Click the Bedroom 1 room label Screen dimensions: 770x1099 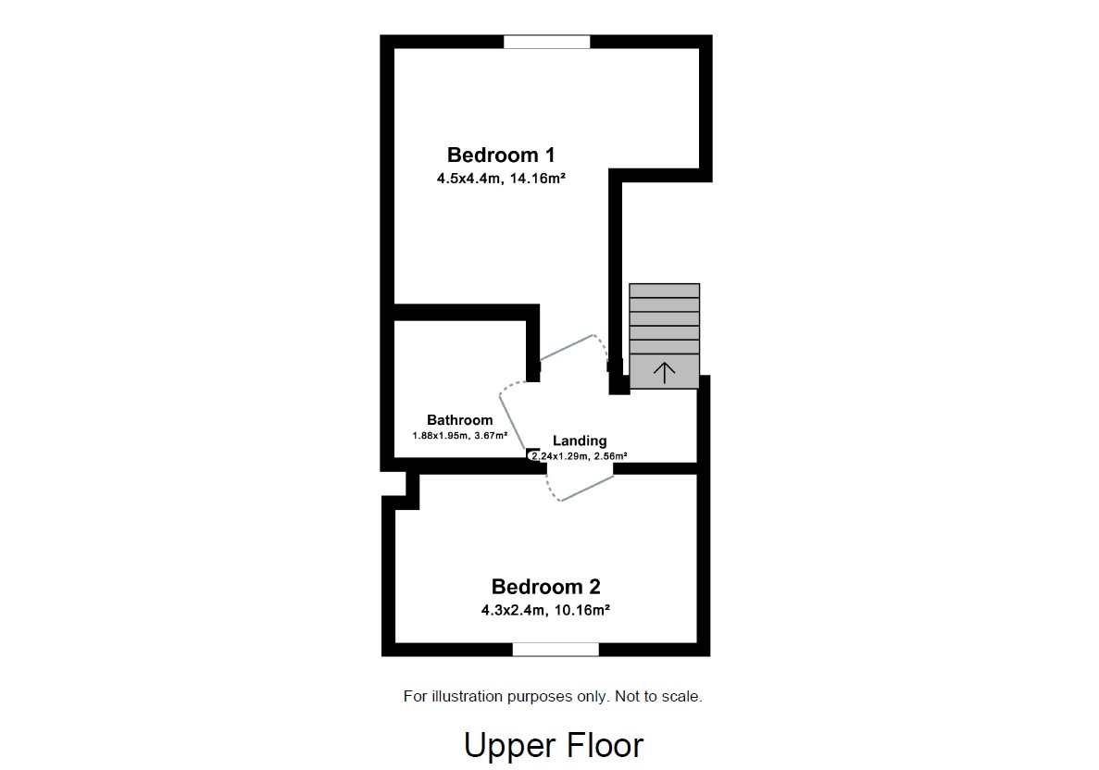(501, 155)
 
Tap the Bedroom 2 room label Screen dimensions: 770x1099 (545, 586)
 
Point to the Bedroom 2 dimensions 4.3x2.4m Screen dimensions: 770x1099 (513, 610)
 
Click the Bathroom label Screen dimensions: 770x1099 (459, 420)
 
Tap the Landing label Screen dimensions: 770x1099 (580, 441)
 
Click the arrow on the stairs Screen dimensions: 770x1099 (664, 373)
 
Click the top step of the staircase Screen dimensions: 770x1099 (664, 291)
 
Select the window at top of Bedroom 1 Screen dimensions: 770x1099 (546, 42)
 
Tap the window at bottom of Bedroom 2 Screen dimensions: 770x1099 (556, 649)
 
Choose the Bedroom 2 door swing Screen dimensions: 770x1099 (581, 486)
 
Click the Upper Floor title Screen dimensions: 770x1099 (553, 745)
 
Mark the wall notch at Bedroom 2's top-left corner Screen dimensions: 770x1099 (402, 490)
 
